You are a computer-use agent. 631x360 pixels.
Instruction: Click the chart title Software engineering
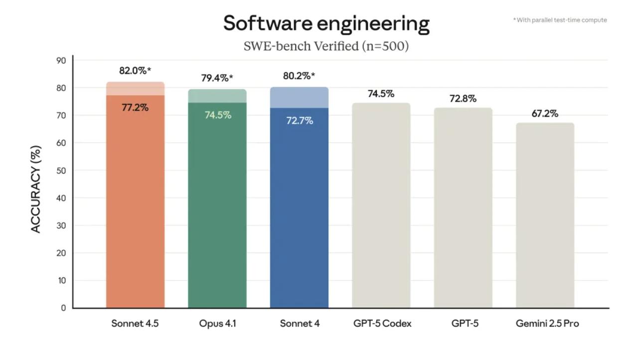pyautogui.click(x=326, y=23)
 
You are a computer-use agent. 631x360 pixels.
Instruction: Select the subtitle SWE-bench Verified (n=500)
pyautogui.click(x=326, y=46)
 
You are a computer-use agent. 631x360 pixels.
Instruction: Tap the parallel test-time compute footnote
pyautogui.click(x=560, y=20)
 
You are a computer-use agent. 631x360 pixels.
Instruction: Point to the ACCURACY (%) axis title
pyautogui.click(x=35, y=189)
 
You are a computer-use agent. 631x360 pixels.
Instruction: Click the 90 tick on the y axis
pyautogui.click(x=61, y=60)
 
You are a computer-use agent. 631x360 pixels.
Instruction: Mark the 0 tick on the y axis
pyautogui.click(x=63, y=308)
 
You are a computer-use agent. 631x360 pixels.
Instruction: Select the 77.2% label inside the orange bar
pyautogui.click(x=135, y=107)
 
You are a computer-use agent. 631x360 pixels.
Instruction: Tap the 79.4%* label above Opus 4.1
pyautogui.click(x=217, y=78)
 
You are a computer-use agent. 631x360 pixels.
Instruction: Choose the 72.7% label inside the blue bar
pyautogui.click(x=299, y=121)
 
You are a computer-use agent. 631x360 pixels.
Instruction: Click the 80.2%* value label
pyautogui.click(x=299, y=76)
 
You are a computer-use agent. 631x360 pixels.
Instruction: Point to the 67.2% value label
pyautogui.click(x=545, y=114)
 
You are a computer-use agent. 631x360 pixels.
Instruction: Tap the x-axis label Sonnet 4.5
pyautogui.click(x=135, y=324)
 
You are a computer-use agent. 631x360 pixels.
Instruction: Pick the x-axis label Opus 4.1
pyautogui.click(x=217, y=324)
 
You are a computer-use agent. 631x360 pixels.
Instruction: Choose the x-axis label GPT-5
pyautogui.click(x=465, y=324)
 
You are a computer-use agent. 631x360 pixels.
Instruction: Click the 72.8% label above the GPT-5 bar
pyautogui.click(x=463, y=99)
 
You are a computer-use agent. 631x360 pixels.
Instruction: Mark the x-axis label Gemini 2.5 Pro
pyautogui.click(x=547, y=324)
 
